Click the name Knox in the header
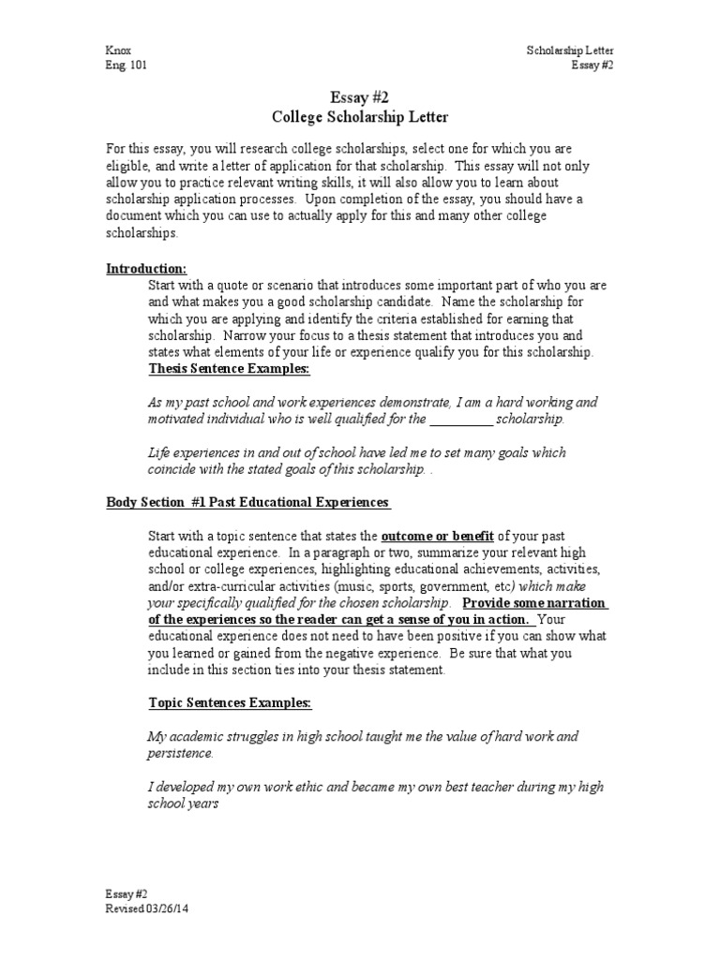(x=119, y=51)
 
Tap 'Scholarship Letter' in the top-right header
(x=570, y=51)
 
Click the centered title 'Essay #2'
(x=360, y=98)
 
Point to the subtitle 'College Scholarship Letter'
(x=360, y=117)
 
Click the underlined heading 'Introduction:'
(x=146, y=269)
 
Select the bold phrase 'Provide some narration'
(x=535, y=603)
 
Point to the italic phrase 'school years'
(x=184, y=803)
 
